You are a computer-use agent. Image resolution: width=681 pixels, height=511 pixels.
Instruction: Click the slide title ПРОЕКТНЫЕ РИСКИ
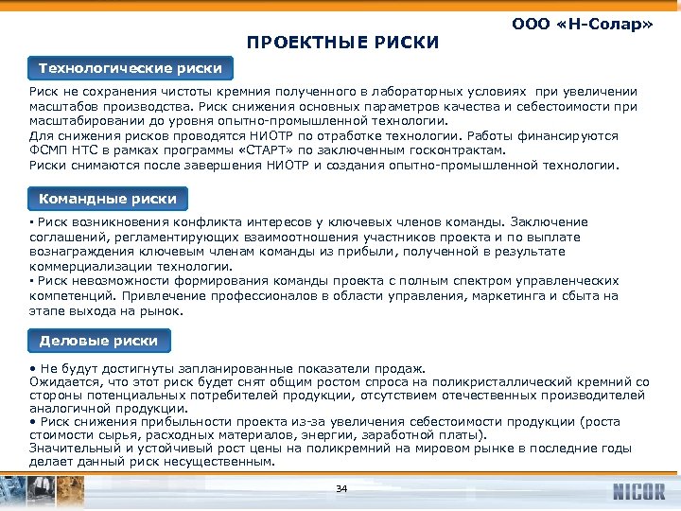click(342, 42)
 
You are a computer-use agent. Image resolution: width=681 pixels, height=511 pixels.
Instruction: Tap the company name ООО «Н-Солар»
click(582, 22)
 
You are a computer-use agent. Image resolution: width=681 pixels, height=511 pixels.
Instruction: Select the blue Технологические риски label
click(131, 68)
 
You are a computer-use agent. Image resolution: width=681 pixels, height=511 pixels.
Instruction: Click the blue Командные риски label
click(108, 199)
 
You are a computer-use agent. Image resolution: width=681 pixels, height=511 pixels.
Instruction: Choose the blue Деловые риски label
click(98, 341)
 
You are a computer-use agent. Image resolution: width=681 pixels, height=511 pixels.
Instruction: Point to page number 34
click(341, 488)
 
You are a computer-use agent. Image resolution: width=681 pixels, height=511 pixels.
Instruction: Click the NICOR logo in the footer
click(638, 492)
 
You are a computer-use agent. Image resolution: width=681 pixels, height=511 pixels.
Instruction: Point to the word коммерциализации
click(89, 266)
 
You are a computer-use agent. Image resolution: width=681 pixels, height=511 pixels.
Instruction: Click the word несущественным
click(228, 462)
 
